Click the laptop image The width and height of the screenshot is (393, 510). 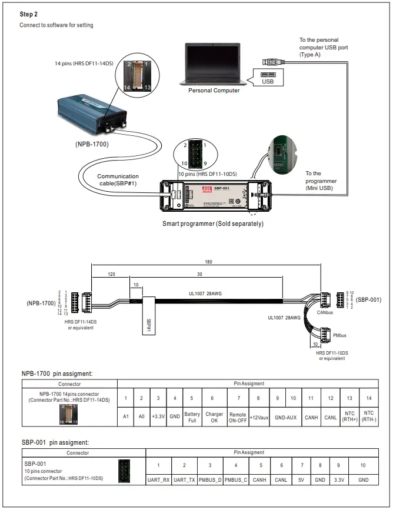[214, 65]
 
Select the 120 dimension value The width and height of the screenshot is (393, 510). [111, 275]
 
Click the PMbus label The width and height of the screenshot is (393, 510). [339, 335]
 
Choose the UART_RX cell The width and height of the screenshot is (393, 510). [158, 480]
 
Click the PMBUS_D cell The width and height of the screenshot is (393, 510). [210, 480]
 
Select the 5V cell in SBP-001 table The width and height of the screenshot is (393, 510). [302, 480]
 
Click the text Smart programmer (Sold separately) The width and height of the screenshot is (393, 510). [213, 224]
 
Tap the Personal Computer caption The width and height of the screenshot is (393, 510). [214, 91]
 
